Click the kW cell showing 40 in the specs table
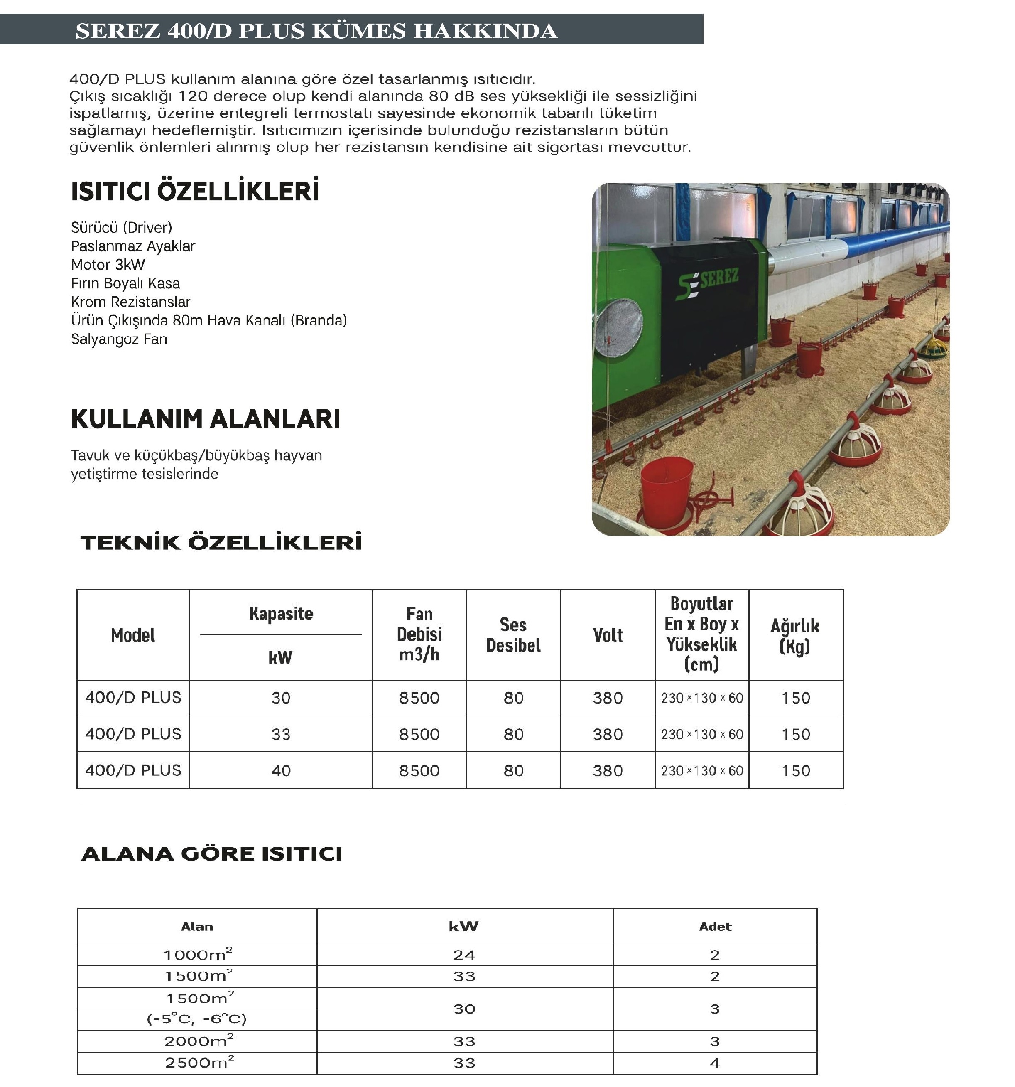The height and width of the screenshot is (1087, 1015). (x=280, y=770)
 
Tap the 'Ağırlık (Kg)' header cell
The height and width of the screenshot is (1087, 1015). (x=795, y=635)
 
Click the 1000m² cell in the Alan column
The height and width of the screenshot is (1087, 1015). (x=198, y=955)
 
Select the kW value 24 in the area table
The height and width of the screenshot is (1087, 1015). (x=464, y=955)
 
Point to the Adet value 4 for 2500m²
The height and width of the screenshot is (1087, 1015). (x=714, y=1063)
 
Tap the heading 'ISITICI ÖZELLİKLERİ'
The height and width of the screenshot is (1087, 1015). (x=195, y=192)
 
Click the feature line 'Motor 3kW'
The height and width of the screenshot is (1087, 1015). (x=108, y=265)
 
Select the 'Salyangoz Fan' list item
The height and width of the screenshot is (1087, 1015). (x=119, y=339)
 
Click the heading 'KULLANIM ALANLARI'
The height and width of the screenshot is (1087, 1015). (x=205, y=419)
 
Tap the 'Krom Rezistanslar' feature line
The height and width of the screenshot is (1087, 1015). (x=131, y=302)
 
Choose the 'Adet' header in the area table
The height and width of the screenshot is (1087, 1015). (x=715, y=926)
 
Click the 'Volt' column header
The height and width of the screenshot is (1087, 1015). (x=608, y=635)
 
